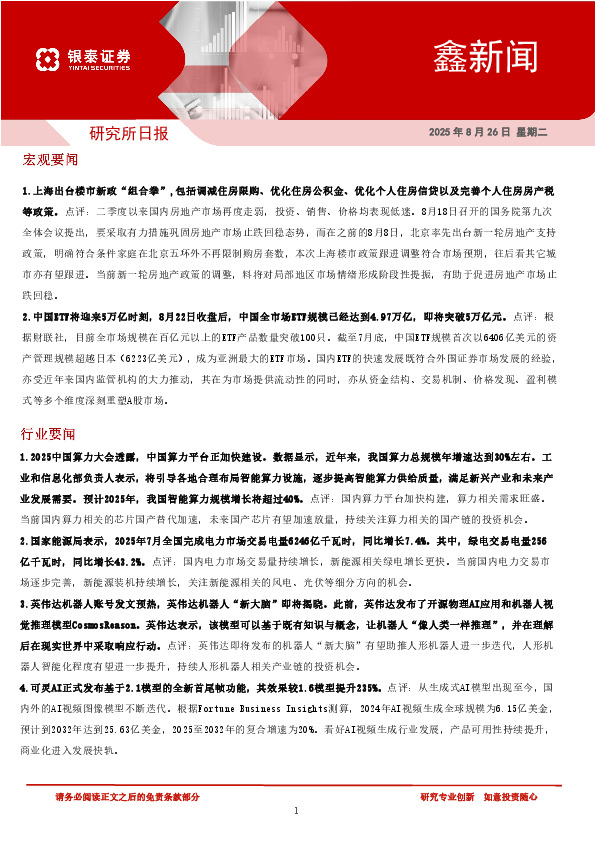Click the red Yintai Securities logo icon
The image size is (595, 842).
click(x=45, y=58)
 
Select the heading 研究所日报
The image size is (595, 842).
click(x=129, y=133)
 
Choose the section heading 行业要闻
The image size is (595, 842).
click(x=48, y=434)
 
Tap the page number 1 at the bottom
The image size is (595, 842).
click(x=297, y=810)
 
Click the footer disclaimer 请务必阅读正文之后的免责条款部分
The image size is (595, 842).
click(x=128, y=796)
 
